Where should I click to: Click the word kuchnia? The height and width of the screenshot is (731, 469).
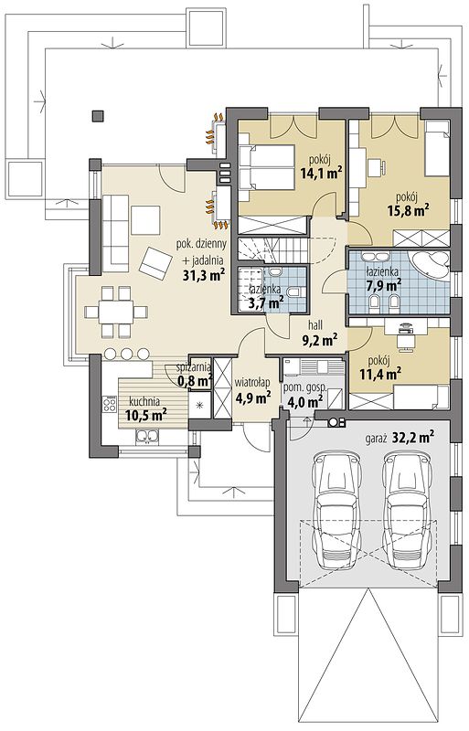[144, 401]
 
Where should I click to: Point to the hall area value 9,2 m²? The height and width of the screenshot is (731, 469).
[320, 341]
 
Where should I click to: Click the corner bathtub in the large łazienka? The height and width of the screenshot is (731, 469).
[430, 265]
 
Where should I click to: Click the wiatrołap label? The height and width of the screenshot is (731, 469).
[252, 383]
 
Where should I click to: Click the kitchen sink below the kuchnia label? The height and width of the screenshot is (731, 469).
[147, 437]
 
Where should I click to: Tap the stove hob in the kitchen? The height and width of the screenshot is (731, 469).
[110, 404]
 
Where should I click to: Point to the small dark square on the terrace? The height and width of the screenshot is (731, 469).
[98, 116]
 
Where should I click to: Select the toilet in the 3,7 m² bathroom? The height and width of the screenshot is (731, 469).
[294, 292]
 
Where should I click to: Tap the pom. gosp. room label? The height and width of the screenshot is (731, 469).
[304, 387]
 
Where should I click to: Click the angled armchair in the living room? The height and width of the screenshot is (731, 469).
[155, 263]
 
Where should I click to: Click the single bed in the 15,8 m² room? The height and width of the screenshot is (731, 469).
[437, 148]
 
